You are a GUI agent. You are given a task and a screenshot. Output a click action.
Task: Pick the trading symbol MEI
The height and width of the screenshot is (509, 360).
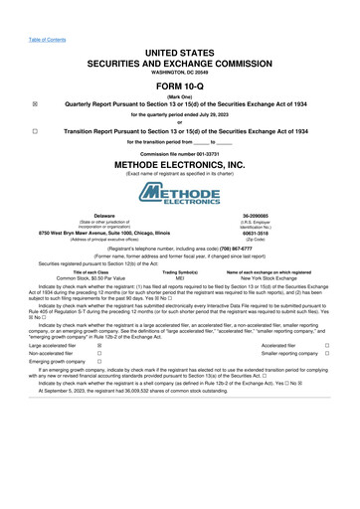[x=180, y=278]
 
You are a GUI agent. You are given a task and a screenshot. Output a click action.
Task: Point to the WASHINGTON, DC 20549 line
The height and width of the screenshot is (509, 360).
[x=179, y=73]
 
